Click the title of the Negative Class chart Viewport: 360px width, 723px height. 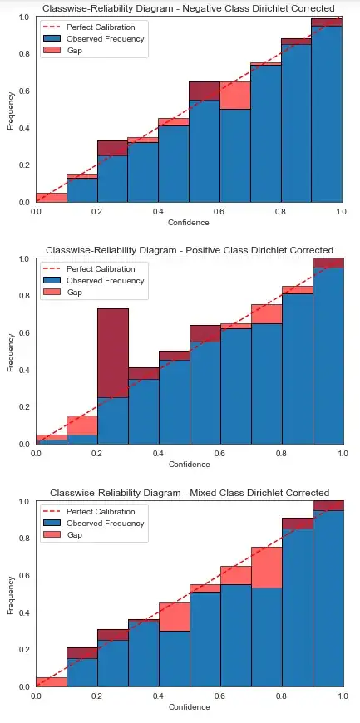pos(189,8)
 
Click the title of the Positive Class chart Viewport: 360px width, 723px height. pos(189,250)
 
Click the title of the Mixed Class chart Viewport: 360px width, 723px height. pos(189,493)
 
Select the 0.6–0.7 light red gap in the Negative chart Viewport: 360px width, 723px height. pos(234,96)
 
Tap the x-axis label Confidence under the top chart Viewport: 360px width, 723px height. pos(189,223)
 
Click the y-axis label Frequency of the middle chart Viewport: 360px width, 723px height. pos(11,352)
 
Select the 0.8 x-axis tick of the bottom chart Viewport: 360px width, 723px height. pos(280,696)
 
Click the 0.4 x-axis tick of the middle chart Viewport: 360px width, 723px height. pos(158,455)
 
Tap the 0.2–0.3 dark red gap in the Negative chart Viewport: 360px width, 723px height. pos(112,149)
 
